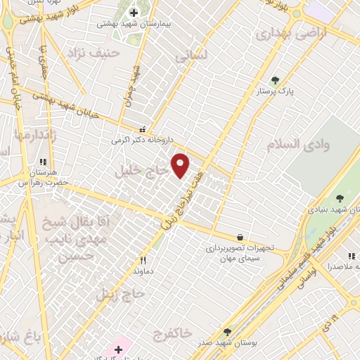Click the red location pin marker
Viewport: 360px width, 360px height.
pos(181,165)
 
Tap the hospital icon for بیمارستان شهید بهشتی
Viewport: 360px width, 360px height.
pos(134,12)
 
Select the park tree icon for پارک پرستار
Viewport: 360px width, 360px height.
pos(275,80)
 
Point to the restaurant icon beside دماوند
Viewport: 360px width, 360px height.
pos(143,259)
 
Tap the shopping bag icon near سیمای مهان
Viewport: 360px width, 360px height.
pos(240,238)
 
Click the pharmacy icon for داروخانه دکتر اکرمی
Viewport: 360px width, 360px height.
pos(143,129)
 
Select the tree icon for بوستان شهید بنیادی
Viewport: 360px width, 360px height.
pos(341,198)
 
